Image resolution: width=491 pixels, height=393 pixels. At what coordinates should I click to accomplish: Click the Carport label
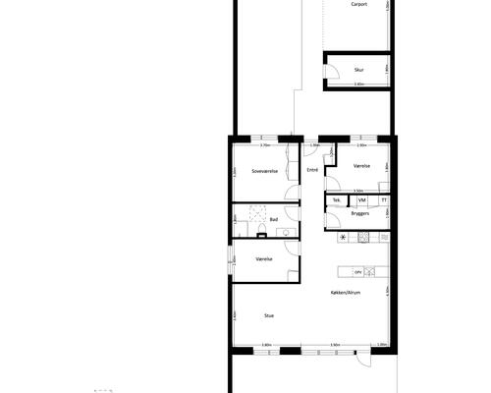click(359, 5)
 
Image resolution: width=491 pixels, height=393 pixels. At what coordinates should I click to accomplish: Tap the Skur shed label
click(359, 70)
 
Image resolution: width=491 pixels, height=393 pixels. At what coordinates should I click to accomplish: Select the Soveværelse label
click(265, 170)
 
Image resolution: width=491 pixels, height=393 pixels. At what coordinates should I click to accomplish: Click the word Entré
click(312, 170)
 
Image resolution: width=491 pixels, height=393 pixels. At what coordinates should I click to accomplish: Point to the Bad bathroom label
click(274, 219)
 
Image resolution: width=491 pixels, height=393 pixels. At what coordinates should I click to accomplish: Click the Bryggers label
click(360, 212)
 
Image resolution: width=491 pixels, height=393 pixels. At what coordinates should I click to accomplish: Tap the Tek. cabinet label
click(337, 200)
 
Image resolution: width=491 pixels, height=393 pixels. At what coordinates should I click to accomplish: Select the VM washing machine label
click(362, 200)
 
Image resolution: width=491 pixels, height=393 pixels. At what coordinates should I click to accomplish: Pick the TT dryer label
click(384, 200)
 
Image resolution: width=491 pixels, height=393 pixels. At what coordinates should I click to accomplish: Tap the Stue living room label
click(268, 314)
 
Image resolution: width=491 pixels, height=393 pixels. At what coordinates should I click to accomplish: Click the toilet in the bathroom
click(263, 233)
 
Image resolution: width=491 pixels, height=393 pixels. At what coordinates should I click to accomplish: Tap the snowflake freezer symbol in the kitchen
click(343, 238)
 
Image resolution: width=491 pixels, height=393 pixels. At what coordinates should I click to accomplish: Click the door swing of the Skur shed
click(333, 72)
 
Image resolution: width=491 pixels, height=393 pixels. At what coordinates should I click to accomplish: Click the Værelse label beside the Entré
click(362, 167)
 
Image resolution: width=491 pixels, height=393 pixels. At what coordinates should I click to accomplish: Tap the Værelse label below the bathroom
click(263, 259)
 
